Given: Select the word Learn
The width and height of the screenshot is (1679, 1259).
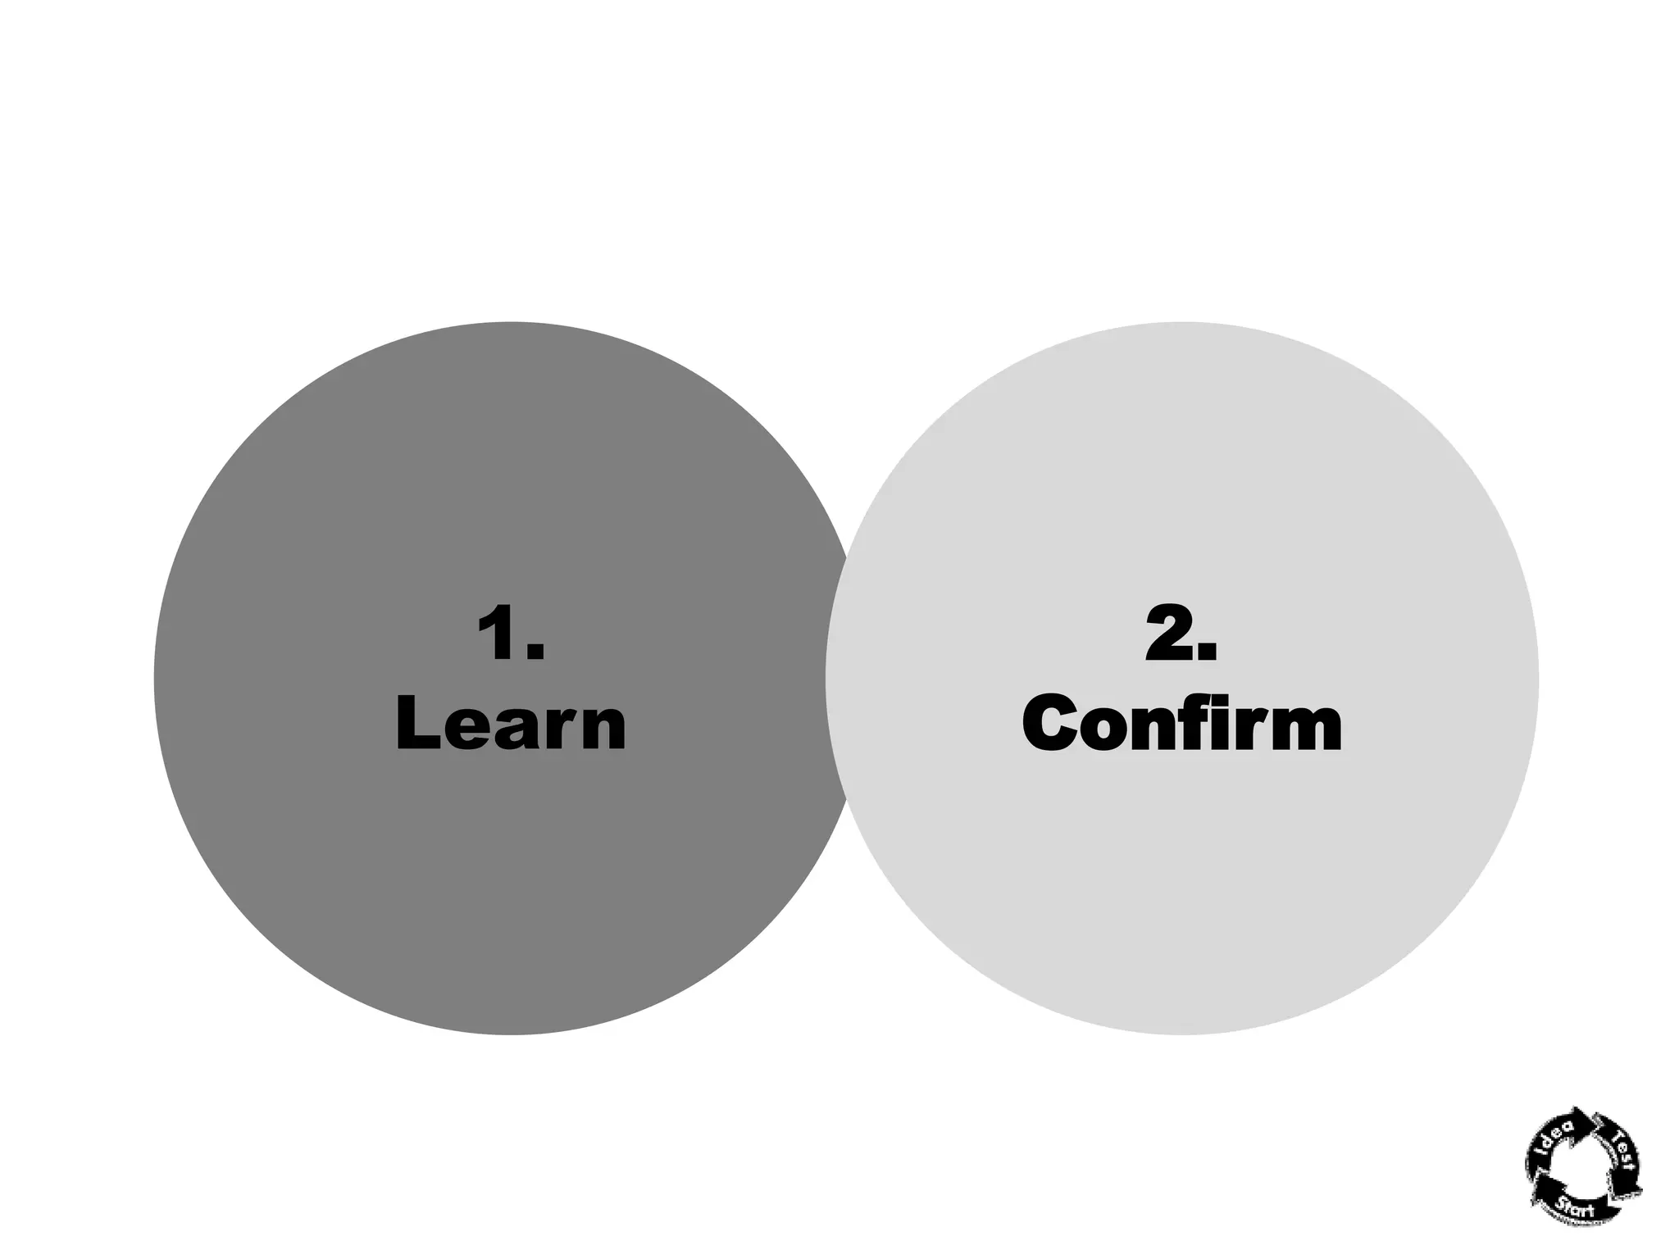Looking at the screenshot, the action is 511,723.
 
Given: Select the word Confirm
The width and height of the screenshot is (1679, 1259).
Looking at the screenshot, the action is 1181,723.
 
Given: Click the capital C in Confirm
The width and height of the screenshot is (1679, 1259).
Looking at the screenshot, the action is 1054,723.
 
